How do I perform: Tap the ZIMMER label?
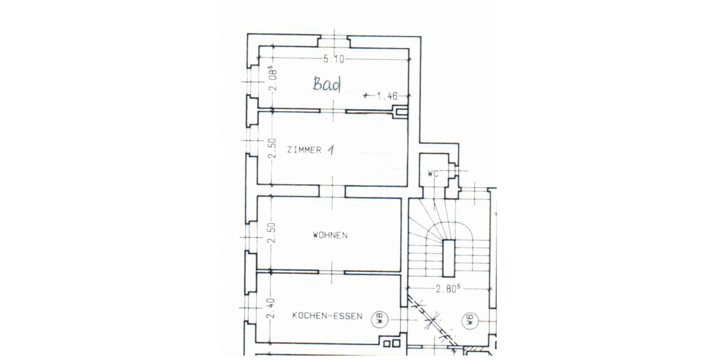304,149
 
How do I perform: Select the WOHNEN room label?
329,235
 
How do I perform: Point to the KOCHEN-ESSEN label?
327,316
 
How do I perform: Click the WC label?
434,173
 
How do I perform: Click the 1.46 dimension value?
387,95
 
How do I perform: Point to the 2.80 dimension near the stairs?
448,288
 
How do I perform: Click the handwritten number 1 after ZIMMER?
330,150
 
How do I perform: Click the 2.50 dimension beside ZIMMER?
271,149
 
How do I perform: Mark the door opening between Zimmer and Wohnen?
333,191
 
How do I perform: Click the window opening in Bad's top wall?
333,41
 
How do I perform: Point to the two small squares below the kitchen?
392,344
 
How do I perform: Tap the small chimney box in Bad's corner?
398,110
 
